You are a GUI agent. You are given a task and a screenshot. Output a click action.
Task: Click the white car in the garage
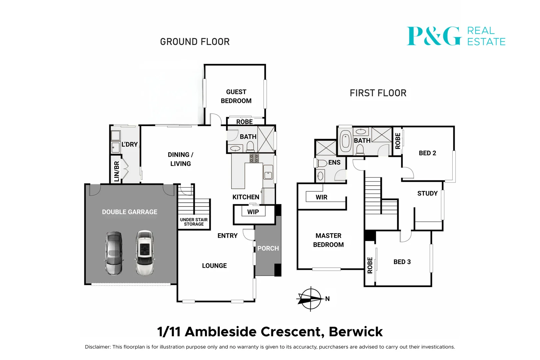pyautogui.click(x=145, y=253)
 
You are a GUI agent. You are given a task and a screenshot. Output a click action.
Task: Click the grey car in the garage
pyautogui.click(x=114, y=253)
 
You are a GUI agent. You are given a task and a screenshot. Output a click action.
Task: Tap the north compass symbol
pyautogui.click(x=310, y=299)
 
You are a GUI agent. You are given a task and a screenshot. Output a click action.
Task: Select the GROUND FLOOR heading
pyautogui.click(x=195, y=42)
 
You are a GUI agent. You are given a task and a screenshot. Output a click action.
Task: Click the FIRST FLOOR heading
pyautogui.click(x=378, y=93)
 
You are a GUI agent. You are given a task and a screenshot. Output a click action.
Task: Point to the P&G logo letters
pyautogui.click(x=434, y=36)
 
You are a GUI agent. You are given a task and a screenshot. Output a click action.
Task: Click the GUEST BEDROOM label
pyautogui.click(x=236, y=96)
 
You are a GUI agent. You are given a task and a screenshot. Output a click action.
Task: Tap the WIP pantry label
pyautogui.click(x=253, y=212)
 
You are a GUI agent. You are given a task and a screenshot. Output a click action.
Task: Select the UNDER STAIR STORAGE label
pyautogui.click(x=194, y=222)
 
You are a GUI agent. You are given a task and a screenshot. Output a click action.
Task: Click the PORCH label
pyautogui.click(x=268, y=249)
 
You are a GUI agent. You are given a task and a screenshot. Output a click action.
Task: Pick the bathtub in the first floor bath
pyautogui.click(x=346, y=141)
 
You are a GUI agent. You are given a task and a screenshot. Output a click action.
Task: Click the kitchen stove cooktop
pyautogui.click(x=254, y=158)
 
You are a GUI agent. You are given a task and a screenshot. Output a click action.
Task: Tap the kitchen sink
pyautogui.click(x=268, y=174)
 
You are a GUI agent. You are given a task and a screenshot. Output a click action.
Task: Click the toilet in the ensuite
pyautogui.click(x=321, y=163)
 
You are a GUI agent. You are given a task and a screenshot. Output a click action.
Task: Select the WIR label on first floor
pyautogui.click(x=321, y=197)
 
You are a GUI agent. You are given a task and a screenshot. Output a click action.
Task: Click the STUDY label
pyautogui.click(x=427, y=193)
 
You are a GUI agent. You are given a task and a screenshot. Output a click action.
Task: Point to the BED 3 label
pyautogui.click(x=402, y=262)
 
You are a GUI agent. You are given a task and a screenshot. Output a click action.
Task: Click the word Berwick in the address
pyautogui.click(x=356, y=332)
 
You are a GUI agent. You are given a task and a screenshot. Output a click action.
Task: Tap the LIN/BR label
pyautogui.click(x=117, y=171)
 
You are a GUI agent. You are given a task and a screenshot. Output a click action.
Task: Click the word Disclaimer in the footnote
pyautogui.click(x=97, y=347)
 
